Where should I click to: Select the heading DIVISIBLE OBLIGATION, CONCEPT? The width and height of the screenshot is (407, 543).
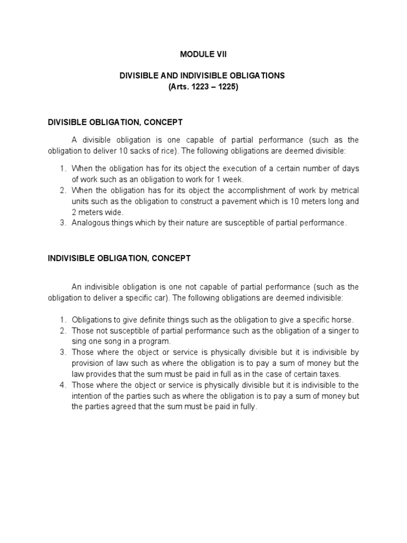coord(115,122)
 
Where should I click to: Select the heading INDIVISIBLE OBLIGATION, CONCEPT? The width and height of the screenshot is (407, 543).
coord(119,258)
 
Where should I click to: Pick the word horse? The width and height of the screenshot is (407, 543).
coord(343,320)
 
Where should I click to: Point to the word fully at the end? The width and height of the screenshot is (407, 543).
coord(247,406)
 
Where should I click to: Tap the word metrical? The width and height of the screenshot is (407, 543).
coord(343,190)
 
